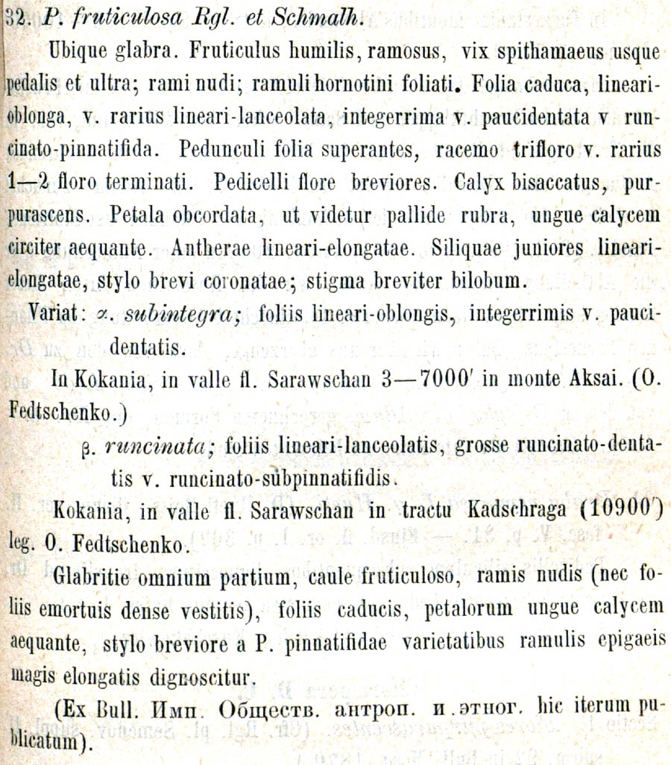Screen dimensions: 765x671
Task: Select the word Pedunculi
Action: click(218, 150)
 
